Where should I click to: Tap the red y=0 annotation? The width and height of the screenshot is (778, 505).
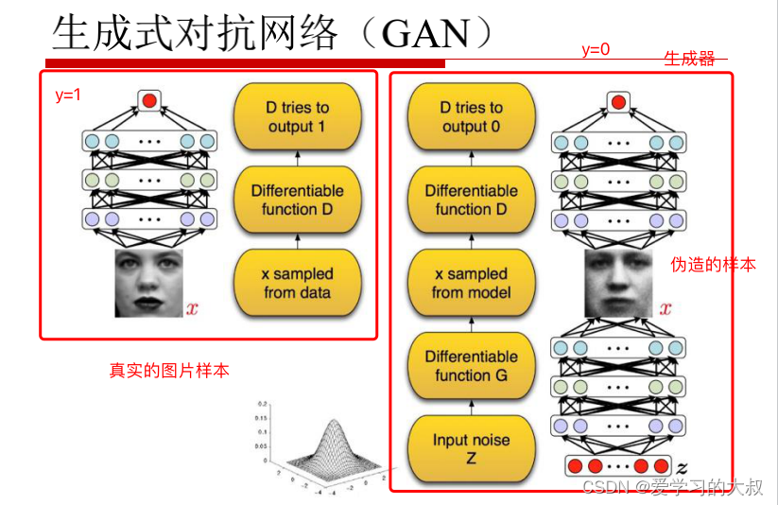click(x=595, y=50)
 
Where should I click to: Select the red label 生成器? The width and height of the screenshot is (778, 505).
click(x=689, y=59)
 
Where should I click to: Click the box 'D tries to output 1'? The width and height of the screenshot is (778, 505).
click(x=297, y=117)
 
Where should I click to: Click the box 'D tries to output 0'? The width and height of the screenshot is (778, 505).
click(x=471, y=117)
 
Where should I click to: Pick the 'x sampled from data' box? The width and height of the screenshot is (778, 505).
click(x=297, y=283)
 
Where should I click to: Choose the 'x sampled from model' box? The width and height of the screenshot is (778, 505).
click(x=471, y=283)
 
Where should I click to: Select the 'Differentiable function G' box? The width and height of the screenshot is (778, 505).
click(x=471, y=366)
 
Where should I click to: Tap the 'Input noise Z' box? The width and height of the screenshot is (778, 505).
click(x=471, y=448)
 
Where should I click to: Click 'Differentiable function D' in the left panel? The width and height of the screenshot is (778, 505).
click(x=297, y=200)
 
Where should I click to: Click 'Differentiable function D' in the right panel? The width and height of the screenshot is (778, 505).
click(x=471, y=200)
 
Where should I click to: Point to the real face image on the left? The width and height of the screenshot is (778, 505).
click(x=149, y=284)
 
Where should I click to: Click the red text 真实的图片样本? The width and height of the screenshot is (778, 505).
click(x=169, y=371)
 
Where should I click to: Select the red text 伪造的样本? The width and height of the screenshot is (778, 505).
click(x=713, y=265)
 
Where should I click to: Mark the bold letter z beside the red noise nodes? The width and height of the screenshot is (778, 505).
click(x=683, y=466)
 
